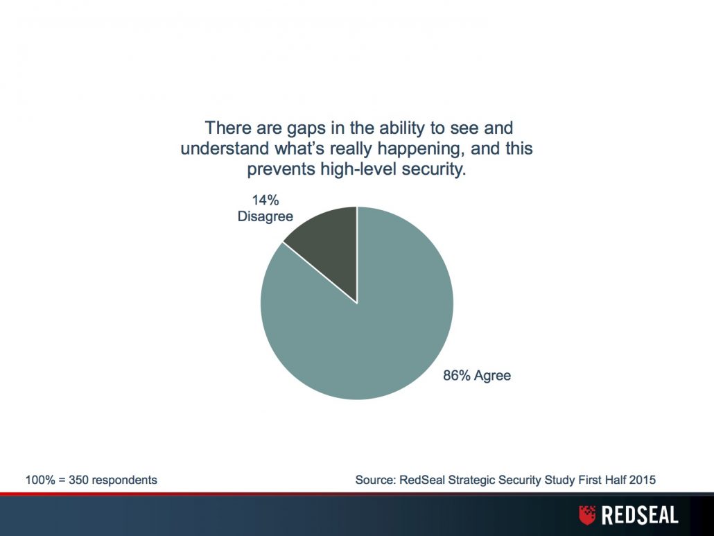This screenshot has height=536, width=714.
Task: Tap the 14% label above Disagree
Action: pos(265,200)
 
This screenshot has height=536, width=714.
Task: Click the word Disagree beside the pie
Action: pos(265,216)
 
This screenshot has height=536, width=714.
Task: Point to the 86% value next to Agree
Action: pos(457,375)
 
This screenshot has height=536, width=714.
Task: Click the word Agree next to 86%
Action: pos(493,376)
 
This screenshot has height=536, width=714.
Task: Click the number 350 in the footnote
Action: pos(78,480)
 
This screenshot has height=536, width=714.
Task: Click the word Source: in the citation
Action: pos(375,480)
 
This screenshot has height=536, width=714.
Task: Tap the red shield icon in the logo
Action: pos(587,515)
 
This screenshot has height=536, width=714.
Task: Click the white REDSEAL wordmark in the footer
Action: pos(640,515)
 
